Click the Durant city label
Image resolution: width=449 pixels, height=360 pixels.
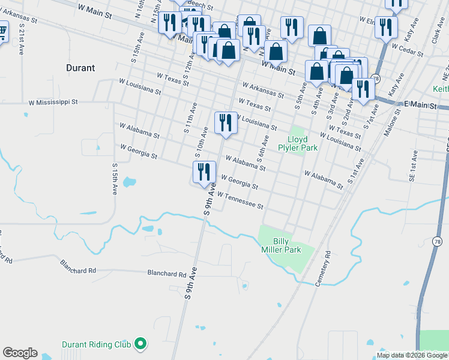(x=80, y=68)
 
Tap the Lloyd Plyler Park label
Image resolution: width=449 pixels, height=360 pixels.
(x=293, y=144)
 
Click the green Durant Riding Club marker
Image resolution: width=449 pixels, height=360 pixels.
(x=140, y=344)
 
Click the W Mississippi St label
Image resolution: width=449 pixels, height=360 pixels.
(x=53, y=102)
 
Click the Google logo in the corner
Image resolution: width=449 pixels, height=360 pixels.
(x=20, y=353)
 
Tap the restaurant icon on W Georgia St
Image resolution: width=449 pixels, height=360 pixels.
(x=204, y=172)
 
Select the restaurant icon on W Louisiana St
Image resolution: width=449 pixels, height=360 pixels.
(x=226, y=122)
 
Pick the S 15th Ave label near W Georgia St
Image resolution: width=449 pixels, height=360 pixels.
(x=114, y=178)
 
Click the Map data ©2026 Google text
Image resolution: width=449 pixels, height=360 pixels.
(x=412, y=355)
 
